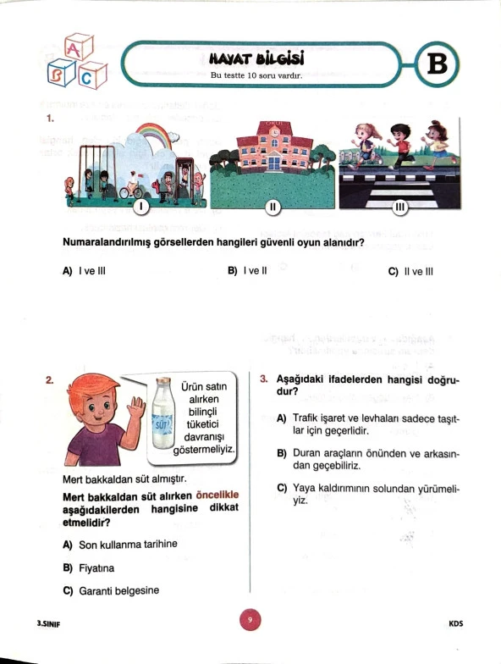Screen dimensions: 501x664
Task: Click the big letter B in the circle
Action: click(438, 64)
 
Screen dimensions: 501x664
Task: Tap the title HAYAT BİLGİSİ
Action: click(257, 59)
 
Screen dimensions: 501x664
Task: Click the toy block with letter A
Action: click(79, 47)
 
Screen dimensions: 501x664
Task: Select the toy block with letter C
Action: click(93, 75)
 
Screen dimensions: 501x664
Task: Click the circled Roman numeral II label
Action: click(273, 207)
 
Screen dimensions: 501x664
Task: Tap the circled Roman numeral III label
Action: click(399, 207)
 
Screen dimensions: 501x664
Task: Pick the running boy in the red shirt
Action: click(399, 146)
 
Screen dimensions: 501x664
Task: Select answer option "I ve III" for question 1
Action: click(84, 271)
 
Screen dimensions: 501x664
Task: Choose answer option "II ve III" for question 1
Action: click(410, 271)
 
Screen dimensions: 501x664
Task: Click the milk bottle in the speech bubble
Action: click(162, 413)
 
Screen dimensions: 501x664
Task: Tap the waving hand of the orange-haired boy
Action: click(137, 410)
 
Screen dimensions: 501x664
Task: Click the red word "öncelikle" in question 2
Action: click(217, 495)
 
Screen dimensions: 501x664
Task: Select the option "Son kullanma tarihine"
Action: click(120, 545)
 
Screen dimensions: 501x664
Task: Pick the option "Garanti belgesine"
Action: click(111, 591)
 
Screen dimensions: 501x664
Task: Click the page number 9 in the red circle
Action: click(250, 620)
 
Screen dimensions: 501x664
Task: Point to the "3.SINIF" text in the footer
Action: click(49, 623)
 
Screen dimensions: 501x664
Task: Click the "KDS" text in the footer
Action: click(456, 623)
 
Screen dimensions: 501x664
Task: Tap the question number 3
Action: click(264, 379)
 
